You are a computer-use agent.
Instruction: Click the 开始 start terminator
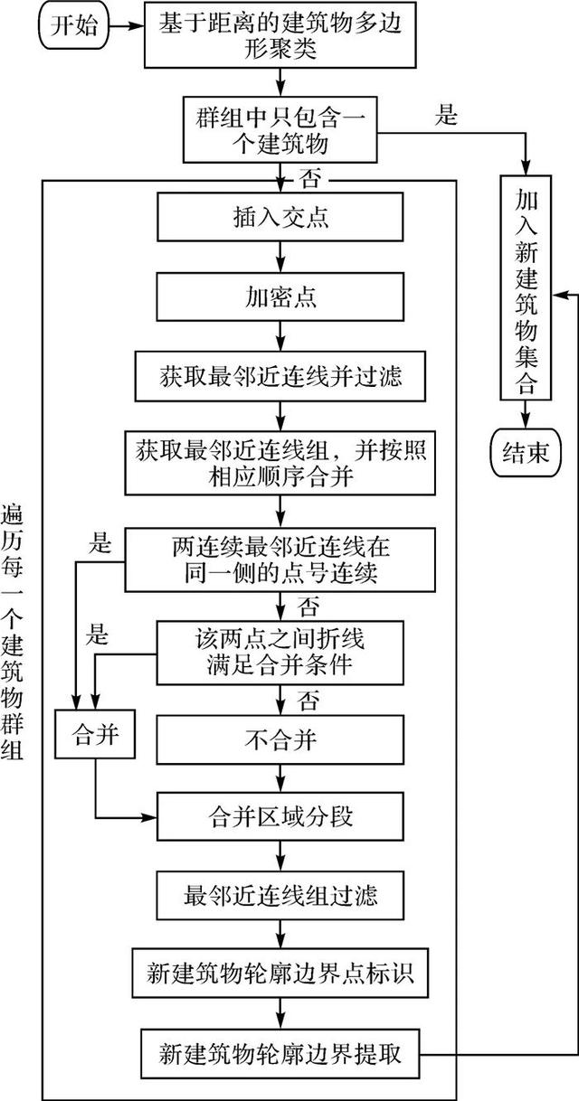[62, 24]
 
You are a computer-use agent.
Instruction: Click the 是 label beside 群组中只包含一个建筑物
[447, 116]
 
